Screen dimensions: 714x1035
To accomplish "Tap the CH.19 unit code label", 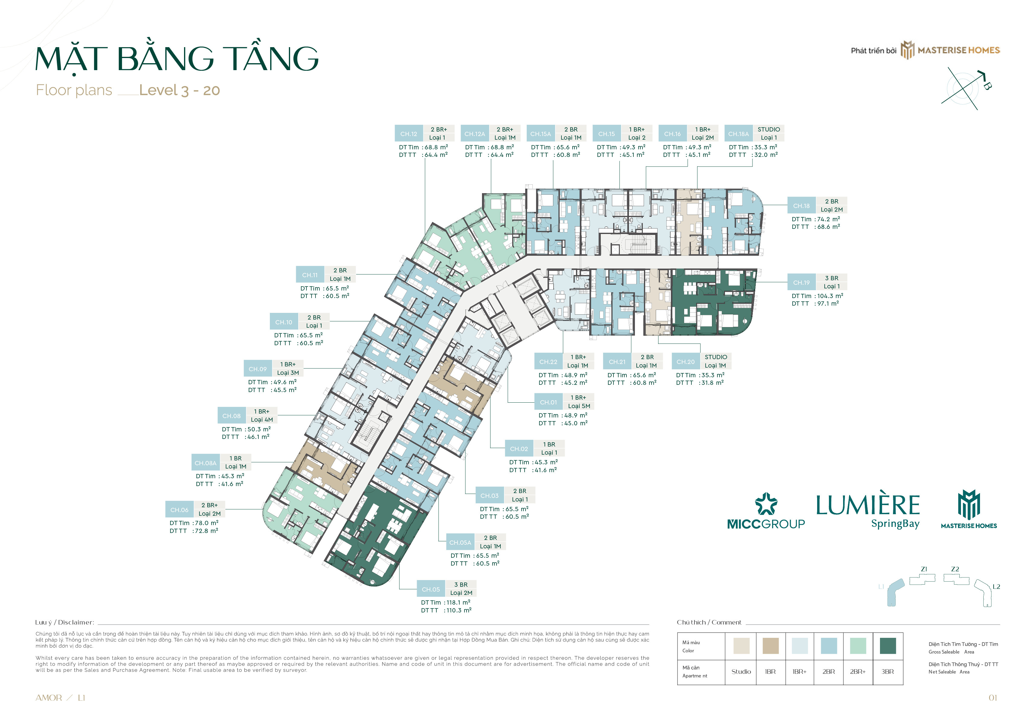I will (801, 283).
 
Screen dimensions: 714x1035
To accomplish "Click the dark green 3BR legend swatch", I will (888, 646).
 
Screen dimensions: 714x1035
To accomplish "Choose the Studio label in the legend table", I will (741, 671).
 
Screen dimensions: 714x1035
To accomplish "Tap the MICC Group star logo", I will (766, 504).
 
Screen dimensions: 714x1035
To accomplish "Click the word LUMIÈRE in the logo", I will (867, 505).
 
